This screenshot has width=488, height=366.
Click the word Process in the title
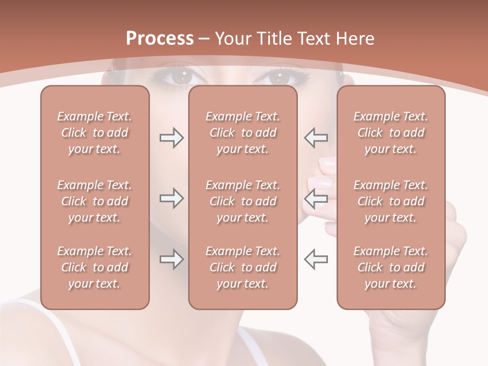(160, 39)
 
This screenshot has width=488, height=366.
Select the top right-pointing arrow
(171, 137)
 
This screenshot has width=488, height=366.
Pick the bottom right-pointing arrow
(171, 259)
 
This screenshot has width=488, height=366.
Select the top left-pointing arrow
(316, 137)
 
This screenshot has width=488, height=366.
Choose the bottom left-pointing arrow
(316, 259)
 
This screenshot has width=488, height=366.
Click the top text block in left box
(95, 133)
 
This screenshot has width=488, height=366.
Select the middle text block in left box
(95, 201)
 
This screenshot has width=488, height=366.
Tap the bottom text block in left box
(95, 267)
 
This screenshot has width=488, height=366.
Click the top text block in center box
(243, 133)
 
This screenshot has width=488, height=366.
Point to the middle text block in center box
(243, 201)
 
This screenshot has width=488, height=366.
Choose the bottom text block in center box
(243, 267)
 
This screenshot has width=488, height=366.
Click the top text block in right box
(391, 133)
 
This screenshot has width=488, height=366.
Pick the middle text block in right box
(391, 201)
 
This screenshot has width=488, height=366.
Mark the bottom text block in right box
(391, 267)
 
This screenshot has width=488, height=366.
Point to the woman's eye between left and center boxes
(180, 77)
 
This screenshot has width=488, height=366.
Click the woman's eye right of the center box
(279, 77)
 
